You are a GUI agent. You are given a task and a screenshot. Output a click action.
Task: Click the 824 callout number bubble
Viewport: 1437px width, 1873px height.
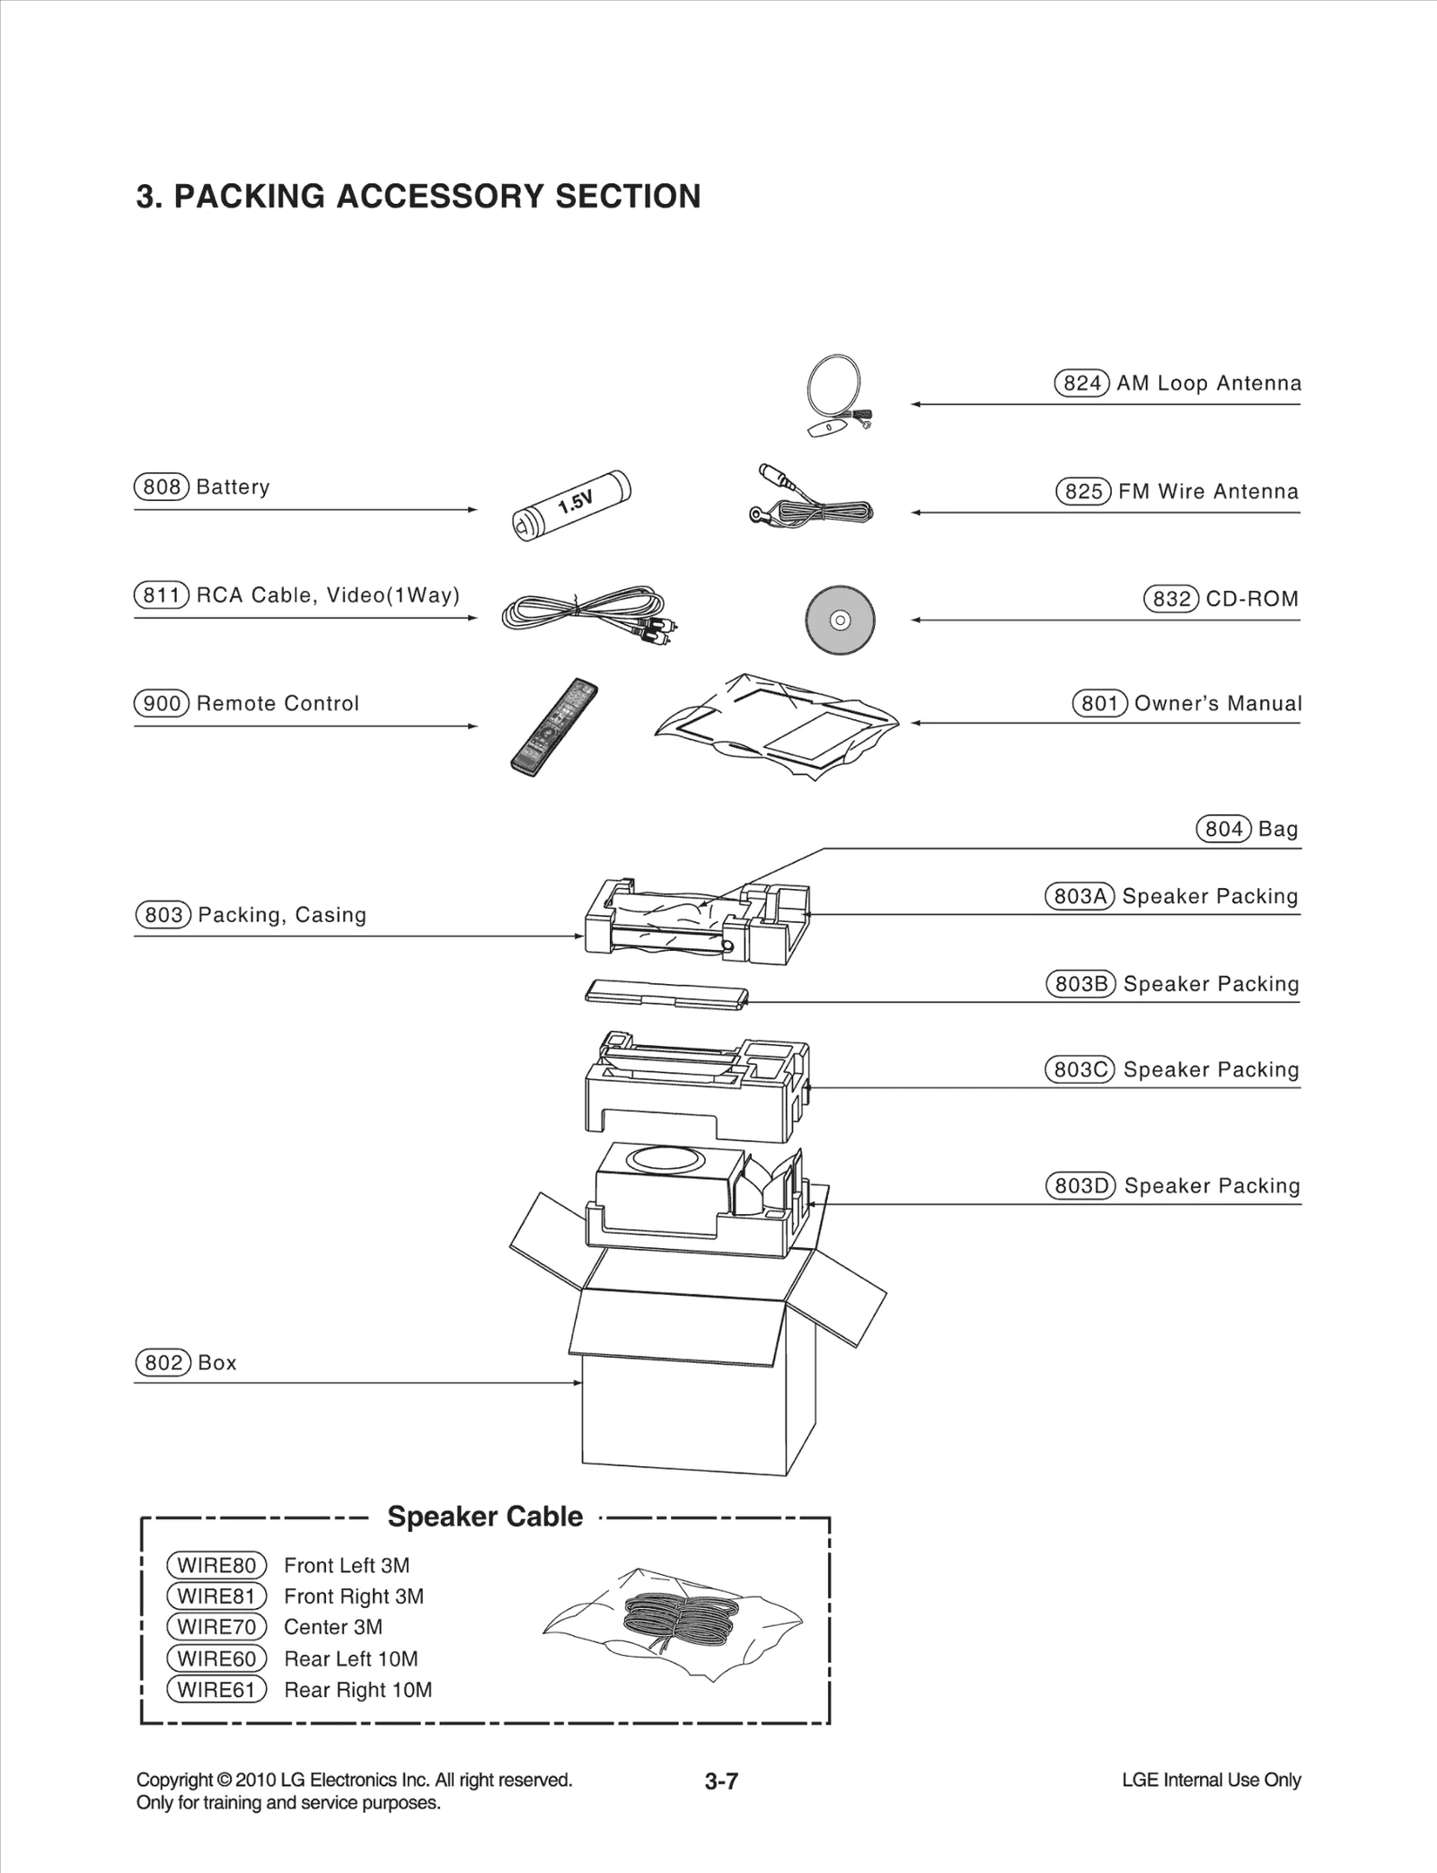pos(1081,383)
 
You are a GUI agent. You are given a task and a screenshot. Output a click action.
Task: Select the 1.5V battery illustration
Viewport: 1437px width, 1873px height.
pos(571,506)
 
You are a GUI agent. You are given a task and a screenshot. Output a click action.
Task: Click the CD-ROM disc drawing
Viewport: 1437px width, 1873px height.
pos(840,620)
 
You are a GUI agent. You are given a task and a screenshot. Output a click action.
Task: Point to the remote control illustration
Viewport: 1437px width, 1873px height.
pos(553,727)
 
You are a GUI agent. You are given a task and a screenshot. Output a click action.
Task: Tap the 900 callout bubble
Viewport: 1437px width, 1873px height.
pos(162,703)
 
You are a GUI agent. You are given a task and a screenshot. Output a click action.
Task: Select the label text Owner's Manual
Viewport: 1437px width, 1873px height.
pos(1217,703)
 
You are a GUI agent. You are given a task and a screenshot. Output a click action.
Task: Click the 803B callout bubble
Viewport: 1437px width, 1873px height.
pos(1080,984)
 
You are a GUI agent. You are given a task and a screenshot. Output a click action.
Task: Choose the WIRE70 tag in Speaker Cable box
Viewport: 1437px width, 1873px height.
pos(216,1627)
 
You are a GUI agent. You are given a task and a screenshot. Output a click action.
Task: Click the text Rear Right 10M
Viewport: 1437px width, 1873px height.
pos(357,1690)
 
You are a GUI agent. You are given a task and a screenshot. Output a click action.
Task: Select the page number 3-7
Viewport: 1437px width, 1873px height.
pos(721,1781)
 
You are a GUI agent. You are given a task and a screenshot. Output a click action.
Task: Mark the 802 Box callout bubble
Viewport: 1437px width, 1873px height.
pos(163,1362)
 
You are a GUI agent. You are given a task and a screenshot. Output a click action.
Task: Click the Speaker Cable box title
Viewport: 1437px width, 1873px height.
pos(485,1517)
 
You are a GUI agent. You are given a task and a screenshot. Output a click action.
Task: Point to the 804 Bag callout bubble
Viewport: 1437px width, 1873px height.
pos(1223,829)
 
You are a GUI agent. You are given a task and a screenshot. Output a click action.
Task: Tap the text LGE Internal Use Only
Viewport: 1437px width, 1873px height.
pos(1211,1780)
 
